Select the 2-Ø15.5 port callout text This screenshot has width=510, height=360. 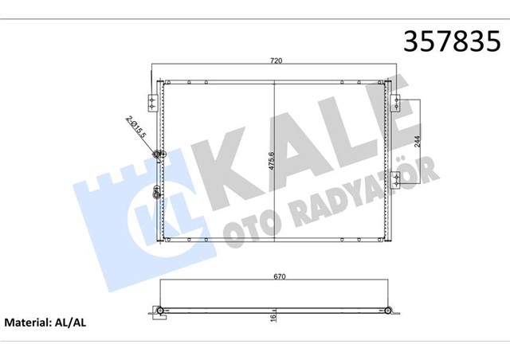click(135, 127)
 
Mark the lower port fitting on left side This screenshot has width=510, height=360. click(157, 191)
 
